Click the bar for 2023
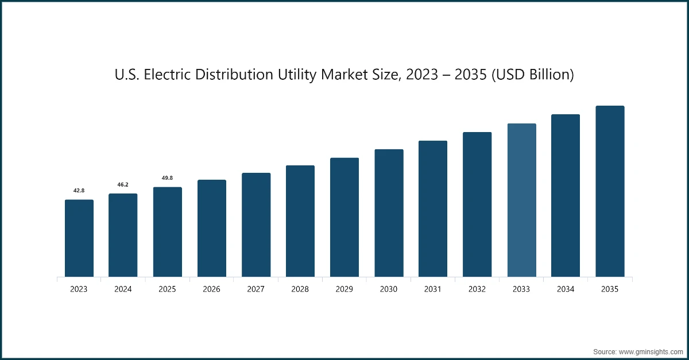click(79, 238)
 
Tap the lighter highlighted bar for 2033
click(521, 200)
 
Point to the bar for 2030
click(389, 213)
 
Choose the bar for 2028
click(300, 221)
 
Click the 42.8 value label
click(79, 190)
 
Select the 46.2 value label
click(123, 184)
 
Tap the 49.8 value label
click(167, 178)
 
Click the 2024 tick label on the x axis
click(123, 289)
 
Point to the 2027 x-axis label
click(256, 289)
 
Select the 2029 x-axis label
click(344, 289)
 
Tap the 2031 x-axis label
click(433, 289)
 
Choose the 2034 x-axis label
click(566, 289)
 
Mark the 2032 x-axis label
click(477, 289)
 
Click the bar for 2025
click(167, 232)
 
